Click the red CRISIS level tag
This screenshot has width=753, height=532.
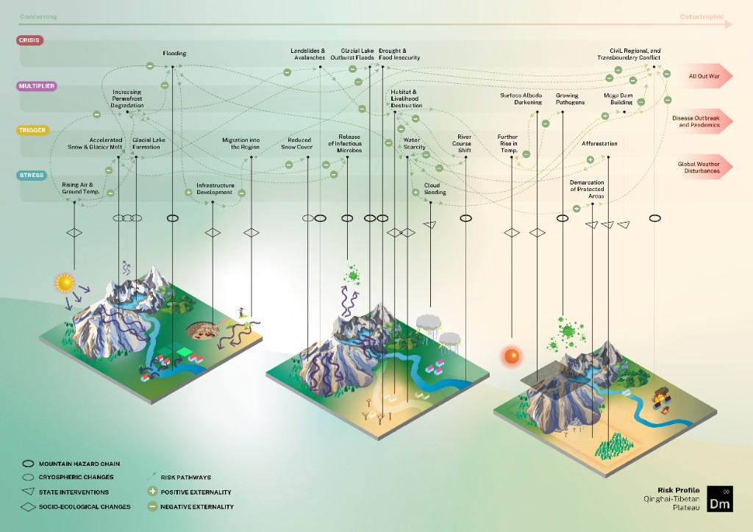pyautogui.click(x=29, y=40)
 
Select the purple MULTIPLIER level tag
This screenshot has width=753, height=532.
pyautogui.click(x=36, y=86)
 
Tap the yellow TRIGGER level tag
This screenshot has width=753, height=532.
pyautogui.click(x=32, y=131)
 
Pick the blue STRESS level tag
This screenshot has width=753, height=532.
pyautogui.click(x=31, y=176)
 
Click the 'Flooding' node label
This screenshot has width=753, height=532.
pyautogui.click(x=174, y=53)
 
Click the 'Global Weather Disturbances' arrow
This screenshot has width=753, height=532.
pyautogui.click(x=704, y=167)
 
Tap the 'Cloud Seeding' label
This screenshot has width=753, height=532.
pyautogui.click(x=435, y=189)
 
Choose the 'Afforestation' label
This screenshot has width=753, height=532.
pyautogui.click(x=599, y=144)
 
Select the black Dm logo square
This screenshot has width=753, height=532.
pyautogui.click(x=720, y=499)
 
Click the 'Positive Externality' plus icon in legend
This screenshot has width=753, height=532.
pyautogui.click(x=153, y=492)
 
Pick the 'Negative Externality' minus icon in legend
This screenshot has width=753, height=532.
pyautogui.click(x=153, y=506)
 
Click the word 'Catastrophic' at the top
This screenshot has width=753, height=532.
pyautogui.click(x=702, y=16)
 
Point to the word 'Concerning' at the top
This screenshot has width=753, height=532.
pyautogui.click(x=38, y=16)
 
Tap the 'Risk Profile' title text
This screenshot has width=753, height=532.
pyautogui.click(x=678, y=489)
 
